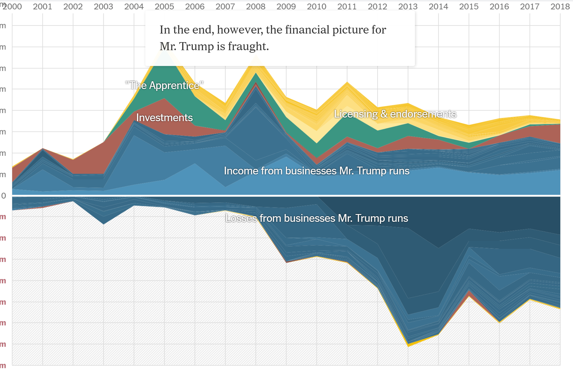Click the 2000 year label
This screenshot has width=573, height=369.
tap(12, 6)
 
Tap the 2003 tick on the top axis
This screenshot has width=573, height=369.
tap(103, 6)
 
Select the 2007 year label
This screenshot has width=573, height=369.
tap(225, 6)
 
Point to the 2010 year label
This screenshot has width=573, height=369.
tap(316, 6)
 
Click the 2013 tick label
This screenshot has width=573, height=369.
tap(408, 6)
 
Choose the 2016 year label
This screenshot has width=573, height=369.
tap(499, 6)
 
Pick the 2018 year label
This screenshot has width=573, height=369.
tap(560, 6)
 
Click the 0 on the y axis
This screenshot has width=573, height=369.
tap(4, 196)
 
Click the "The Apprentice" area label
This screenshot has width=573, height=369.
tap(164, 85)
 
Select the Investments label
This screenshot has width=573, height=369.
tap(164, 118)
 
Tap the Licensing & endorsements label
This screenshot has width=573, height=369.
tap(395, 114)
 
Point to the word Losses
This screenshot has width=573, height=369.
tap(241, 218)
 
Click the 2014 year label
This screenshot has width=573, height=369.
tap(438, 6)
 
